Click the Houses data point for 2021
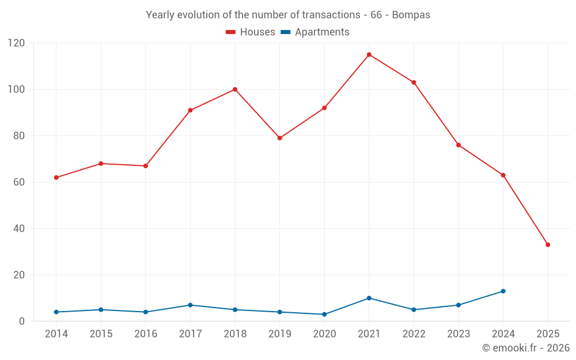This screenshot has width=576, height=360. click(369, 55)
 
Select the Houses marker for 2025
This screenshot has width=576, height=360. click(548, 245)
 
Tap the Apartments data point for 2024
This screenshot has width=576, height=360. click(503, 291)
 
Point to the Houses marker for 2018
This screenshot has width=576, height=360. click(235, 89)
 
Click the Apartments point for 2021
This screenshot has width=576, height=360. click(369, 298)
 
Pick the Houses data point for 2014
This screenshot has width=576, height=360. click(56, 177)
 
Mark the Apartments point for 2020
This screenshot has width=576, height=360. click(324, 314)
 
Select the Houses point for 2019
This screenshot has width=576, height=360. click(280, 138)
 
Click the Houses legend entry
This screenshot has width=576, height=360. click(251, 32)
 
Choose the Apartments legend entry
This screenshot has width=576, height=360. click(315, 32)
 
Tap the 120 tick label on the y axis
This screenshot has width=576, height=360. click(17, 43)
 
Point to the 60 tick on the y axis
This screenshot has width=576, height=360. click(20, 182)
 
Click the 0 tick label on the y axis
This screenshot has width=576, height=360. click(22, 321)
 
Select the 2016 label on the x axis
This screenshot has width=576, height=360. click(146, 334)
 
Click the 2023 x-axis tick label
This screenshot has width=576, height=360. click(458, 334)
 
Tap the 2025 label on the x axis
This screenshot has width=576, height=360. click(548, 334)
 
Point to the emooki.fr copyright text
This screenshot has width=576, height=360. click(525, 348)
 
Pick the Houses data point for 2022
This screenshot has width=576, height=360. click(414, 82)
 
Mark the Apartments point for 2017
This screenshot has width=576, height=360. click(190, 305)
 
